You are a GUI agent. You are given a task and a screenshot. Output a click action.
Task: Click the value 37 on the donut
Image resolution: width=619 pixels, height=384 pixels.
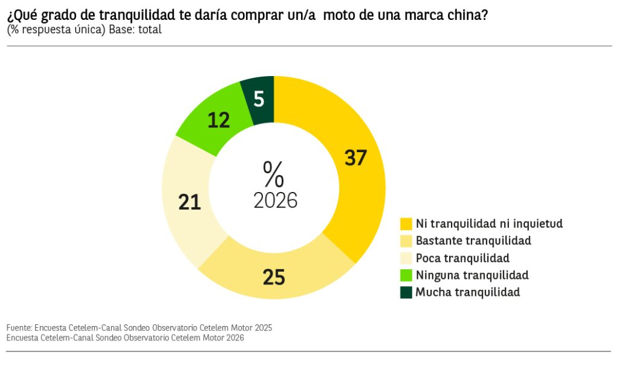click(355, 158)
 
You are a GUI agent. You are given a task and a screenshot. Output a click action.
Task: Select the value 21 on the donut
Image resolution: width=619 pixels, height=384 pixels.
click(190, 202)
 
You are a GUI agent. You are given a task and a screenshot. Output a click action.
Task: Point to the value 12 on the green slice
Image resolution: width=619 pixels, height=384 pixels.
click(219, 120)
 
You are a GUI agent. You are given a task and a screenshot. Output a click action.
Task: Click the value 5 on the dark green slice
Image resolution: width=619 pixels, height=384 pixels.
click(259, 100)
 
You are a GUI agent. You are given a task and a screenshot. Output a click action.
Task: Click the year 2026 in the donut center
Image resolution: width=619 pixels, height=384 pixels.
click(275, 200)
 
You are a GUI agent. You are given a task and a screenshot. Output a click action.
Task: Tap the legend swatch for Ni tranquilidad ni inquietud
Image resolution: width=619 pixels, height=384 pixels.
click(406, 224)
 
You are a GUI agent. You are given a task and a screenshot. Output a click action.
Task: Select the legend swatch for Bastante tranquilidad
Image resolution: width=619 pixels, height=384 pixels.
click(406, 241)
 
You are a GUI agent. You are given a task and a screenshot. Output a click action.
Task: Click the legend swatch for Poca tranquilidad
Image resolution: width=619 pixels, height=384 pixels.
click(406, 258)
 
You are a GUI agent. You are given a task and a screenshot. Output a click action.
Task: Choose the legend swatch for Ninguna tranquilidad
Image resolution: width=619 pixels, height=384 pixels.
click(406, 275)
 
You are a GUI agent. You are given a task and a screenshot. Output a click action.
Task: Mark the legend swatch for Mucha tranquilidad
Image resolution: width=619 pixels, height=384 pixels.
click(406, 293)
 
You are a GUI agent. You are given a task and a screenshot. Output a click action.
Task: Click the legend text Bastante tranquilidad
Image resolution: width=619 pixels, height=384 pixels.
click(473, 241)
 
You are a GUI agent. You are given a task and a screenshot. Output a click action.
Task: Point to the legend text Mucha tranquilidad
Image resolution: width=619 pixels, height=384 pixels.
click(468, 292)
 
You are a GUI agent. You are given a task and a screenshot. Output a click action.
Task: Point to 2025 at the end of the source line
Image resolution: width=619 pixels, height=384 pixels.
click(263, 328)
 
